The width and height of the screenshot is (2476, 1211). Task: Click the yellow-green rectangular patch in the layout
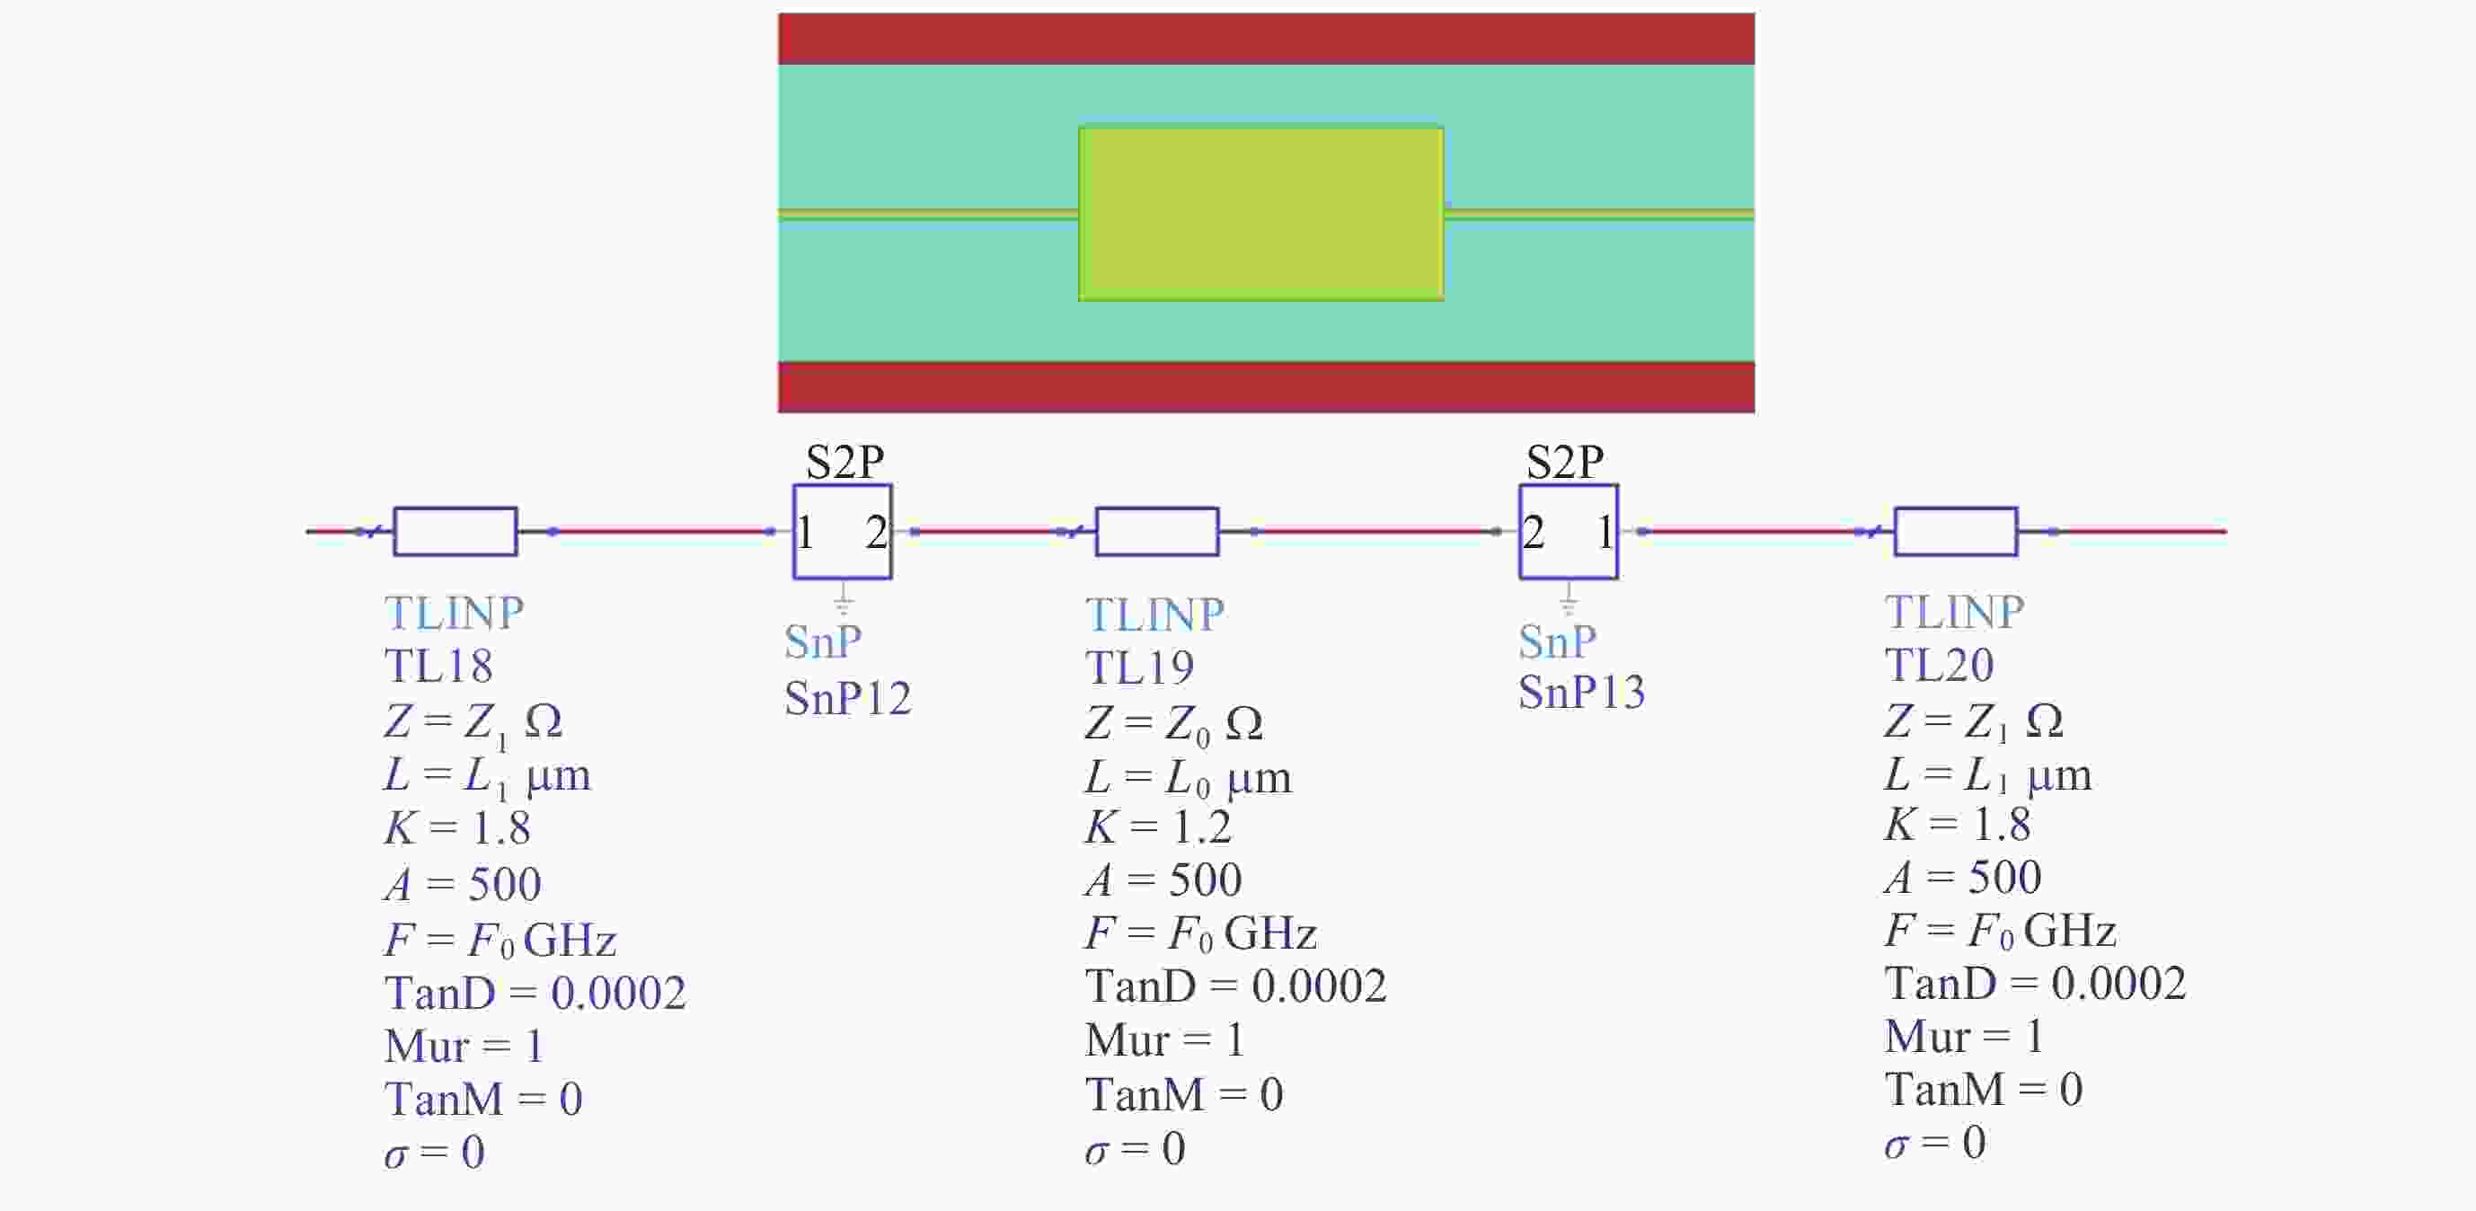(1260, 214)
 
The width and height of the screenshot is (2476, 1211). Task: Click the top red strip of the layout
(1266, 39)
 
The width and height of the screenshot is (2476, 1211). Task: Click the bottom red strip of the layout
(1266, 387)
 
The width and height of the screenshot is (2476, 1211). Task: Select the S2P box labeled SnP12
(842, 532)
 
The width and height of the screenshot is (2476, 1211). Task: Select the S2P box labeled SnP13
(1568, 532)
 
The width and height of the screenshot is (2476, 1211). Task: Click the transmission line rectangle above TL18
(455, 532)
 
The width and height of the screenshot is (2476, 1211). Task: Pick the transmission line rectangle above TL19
(1157, 532)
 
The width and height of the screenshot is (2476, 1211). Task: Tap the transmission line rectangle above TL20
(1955, 532)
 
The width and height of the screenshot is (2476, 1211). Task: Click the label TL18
(438, 666)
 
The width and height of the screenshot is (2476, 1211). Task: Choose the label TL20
(1939, 665)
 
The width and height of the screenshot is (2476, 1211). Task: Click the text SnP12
(847, 698)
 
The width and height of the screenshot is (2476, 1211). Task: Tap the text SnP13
(1581, 692)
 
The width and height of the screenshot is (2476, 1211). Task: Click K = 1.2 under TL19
(1157, 826)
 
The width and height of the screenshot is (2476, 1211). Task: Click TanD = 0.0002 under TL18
(535, 993)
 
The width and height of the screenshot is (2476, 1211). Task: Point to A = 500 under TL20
(1962, 877)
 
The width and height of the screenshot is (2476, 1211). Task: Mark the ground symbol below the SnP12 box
(843, 602)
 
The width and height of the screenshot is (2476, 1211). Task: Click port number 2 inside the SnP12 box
(875, 533)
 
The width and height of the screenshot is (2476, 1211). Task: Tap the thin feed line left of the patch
(927, 215)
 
